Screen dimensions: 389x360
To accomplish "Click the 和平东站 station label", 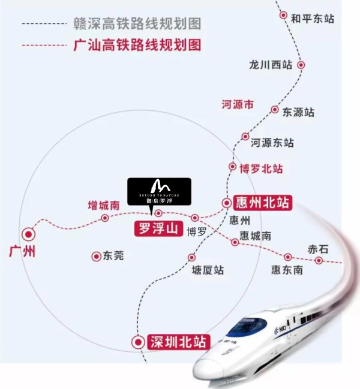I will click(x=312, y=19).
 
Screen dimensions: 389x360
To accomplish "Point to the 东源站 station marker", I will click(x=275, y=110).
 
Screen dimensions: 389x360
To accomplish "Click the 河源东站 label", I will click(x=271, y=143).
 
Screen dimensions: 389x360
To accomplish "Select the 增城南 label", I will click(x=103, y=205).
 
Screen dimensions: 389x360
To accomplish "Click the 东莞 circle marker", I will click(x=96, y=256).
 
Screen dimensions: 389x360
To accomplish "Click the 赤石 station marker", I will click(x=319, y=261).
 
